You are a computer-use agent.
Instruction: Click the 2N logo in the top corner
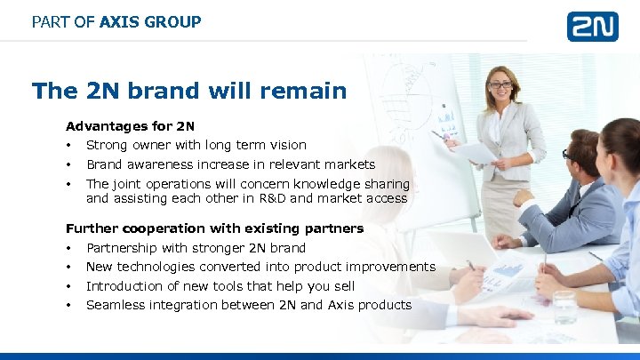click(592, 26)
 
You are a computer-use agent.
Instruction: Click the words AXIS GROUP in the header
click(150, 21)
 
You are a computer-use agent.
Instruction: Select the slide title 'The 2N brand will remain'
click(188, 91)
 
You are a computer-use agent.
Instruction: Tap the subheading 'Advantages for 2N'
click(130, 126)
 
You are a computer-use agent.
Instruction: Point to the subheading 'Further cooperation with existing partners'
click(214, 228)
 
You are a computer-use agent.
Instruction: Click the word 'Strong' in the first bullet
click(107, 145)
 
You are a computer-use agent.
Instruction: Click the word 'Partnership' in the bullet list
click(124, 248)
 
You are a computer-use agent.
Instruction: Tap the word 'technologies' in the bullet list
click(156, 267)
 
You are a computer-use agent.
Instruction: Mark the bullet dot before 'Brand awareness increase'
click(68, 164)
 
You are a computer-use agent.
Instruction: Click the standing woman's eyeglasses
click(500, 85)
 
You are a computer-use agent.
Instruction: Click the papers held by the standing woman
click(476, 152)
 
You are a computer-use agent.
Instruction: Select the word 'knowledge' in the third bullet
click(316, 184)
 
